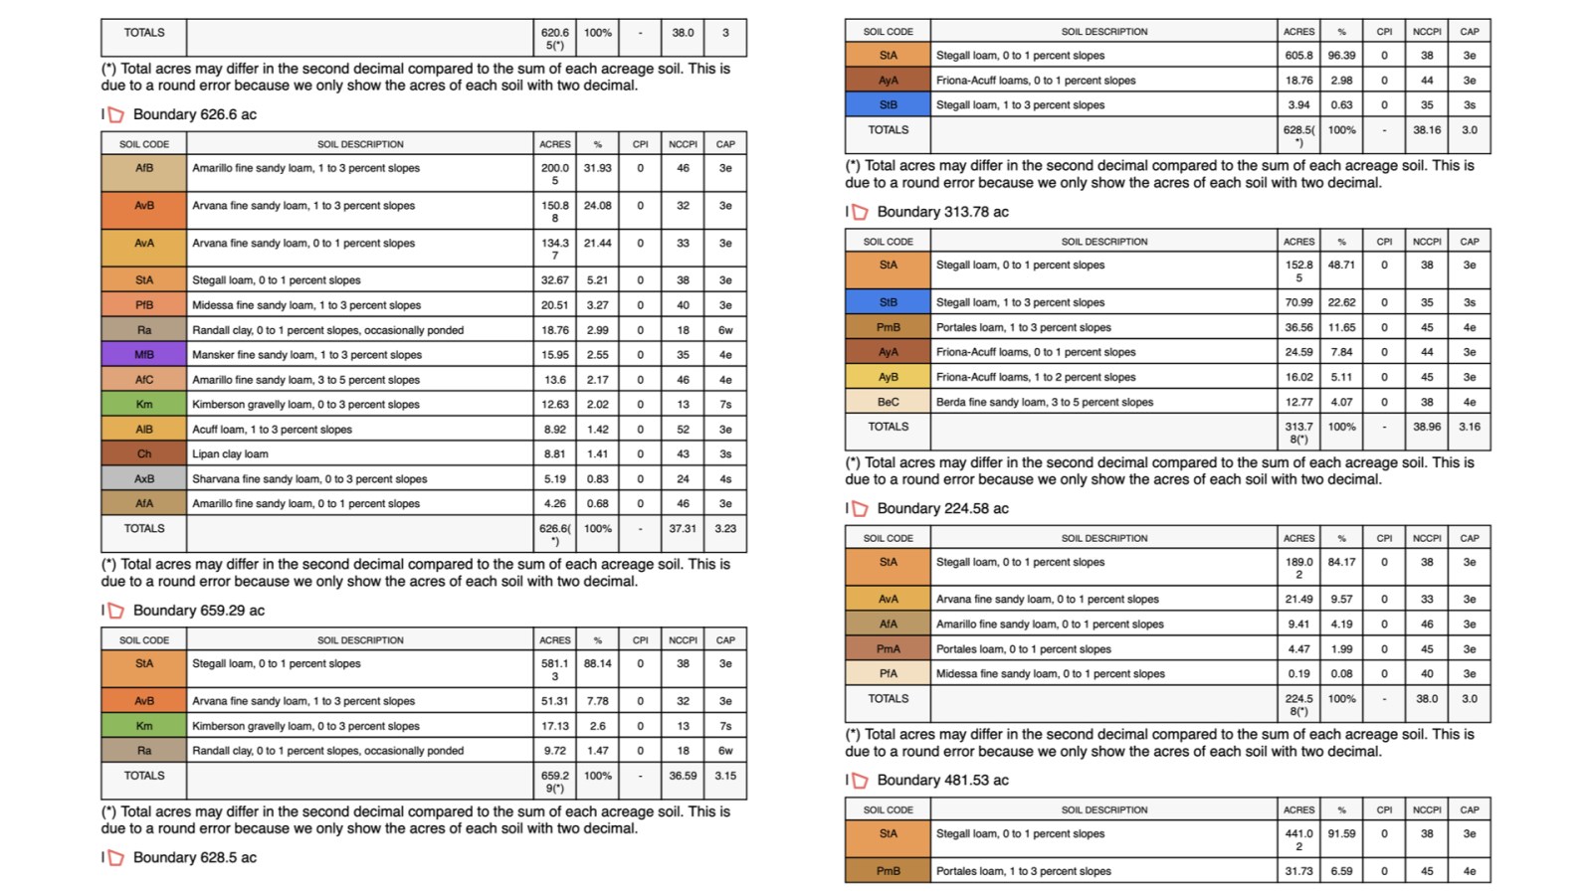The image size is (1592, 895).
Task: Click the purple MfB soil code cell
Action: point(144,355)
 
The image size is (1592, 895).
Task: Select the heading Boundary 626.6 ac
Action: point(194,114)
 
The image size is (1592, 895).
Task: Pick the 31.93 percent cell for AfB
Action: point(597,168)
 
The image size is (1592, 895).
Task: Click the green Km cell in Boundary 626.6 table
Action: point(144,405)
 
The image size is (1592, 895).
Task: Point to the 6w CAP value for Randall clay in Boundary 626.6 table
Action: point(725,330)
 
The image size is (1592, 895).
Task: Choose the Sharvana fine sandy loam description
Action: point(309,479)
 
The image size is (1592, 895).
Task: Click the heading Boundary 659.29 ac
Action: point(198,611)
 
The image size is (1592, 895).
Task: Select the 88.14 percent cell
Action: point(597,663)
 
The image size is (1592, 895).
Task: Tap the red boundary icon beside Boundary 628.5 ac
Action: point(115,858)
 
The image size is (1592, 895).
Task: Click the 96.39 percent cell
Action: point(1341,56)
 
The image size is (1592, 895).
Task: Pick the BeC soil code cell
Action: point(888,403)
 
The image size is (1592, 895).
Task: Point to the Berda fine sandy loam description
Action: point(1044,403)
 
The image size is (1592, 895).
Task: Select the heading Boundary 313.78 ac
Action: point(942,212)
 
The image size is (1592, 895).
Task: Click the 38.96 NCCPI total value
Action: point(1426,427)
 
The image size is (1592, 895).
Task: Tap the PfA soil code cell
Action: point(888,674)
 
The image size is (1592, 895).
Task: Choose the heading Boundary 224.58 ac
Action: point(942,509)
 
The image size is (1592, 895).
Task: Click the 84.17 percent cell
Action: point(1341,562)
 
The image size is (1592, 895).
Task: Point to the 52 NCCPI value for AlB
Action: point(683,430)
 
